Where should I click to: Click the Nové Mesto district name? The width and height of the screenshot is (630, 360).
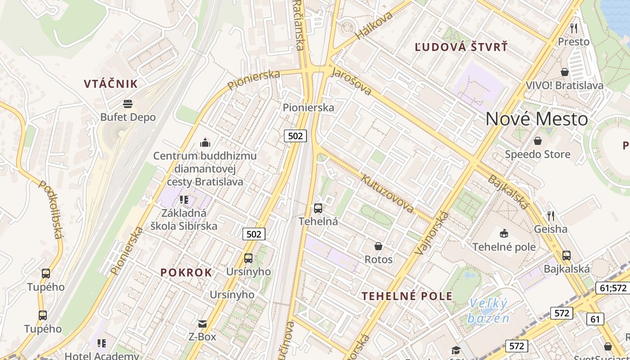pyautogui.click(x=536, y=119)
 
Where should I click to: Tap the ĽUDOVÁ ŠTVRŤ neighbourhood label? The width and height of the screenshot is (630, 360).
pyautogui.click(x=461, y=47)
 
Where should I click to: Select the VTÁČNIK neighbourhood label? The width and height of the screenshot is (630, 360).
pyautogui.click(x=111, y=84)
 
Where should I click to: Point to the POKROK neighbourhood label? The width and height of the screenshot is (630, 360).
pyautogui.click(x=186, y=272)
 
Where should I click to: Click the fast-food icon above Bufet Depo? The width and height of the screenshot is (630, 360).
pyautogui.click(x=128, y=104)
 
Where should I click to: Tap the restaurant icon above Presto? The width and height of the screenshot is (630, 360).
pyautogui.click(x=574, y=28)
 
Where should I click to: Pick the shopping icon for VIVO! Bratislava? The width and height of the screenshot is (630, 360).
pyautogui.click(x=565, y=72)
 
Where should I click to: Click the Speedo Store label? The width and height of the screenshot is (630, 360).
pyautogui.click(x=537, y=154)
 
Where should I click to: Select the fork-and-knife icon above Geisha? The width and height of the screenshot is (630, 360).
pyautogui.click(x=550, y=216)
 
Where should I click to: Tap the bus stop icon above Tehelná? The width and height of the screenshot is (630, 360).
pyautogui.click(x=318, y=208)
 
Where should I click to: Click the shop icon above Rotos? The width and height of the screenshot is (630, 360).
pyautogui.click(x=378, y=246)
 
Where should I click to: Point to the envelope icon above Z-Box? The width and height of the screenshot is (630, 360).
pyautogui.click(x=202, y=324)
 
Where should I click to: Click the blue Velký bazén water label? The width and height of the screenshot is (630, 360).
pyautogui.click(x=488, y=311)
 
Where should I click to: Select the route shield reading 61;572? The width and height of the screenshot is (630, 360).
pyautogui.click(x=613, y=288)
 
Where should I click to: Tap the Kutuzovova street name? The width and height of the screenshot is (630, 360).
pyautogui.click(x=387, y=193)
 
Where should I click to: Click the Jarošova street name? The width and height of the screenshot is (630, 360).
pyautogui.click(x=351, y=81)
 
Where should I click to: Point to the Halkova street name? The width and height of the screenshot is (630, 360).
pyautogui.click(x=374, y=25)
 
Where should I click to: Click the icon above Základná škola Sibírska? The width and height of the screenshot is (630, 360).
pyautogui.click(x=184, y=199)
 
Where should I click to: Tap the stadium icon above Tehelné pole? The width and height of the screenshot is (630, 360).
pyautogui.click(x=504, y=233)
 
